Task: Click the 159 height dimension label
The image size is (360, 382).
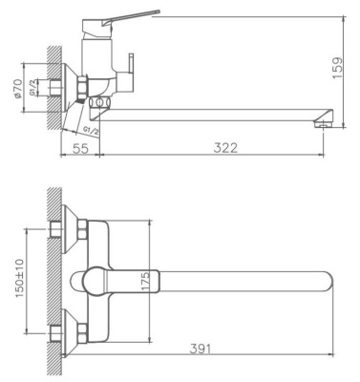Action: (x=338, y=69)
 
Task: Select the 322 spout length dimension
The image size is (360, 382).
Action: (x=225, y=148)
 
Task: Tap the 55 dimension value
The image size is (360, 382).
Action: (x=80, y=148)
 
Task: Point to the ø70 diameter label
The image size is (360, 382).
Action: (x=18, y=89)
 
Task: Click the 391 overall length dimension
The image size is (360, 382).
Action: (x=201, y=349)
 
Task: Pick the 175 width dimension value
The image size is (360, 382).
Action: (x=145, y=282)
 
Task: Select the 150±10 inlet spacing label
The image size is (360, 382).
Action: (x=20, y=279)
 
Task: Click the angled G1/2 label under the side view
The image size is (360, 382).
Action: (x=92, y=130)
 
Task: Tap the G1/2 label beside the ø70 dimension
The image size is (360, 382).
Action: (x=32, y=87)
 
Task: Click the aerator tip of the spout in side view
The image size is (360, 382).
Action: (x=323, y=124)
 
